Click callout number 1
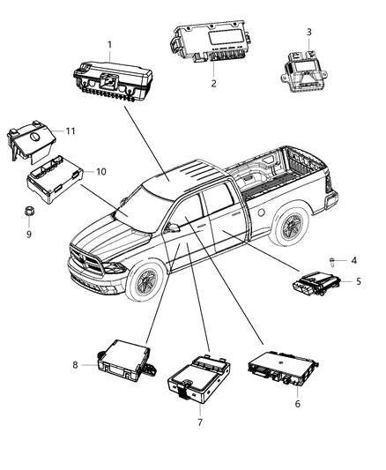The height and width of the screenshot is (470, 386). [109, 43]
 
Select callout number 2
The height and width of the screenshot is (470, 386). [213, 84]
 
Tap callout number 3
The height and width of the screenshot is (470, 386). [308, 33]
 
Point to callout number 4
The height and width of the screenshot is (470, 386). [354, 260]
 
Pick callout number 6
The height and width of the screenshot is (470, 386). [296, 403]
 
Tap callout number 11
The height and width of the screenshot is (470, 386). [71, 130]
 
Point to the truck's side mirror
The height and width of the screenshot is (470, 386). [173, 228]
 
